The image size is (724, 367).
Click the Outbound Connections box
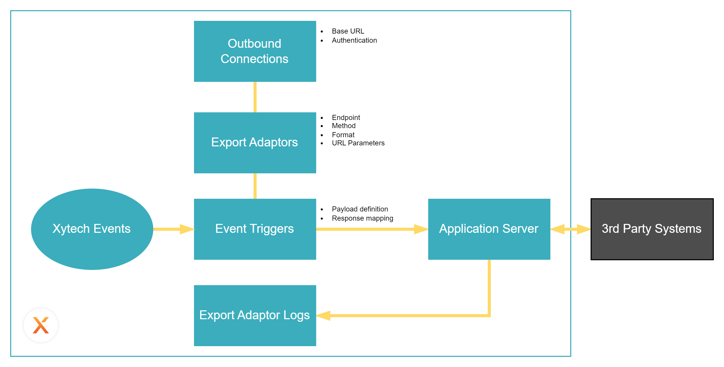click(x=255, y=51)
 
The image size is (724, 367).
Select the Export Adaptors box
click(x=255, y=143)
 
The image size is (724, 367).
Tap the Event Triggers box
click(x=255, y=229)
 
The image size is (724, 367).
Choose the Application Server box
click(x=489, y=229)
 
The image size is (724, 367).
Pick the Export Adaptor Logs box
click(x=255, y=316)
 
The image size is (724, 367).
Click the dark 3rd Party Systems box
click(x=652, y=229)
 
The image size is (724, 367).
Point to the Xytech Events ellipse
click(x=92, y=229)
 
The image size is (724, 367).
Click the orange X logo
click(x=41, y=325)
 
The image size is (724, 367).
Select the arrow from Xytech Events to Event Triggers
click(x=174, y=229)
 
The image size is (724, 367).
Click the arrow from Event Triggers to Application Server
click(x=372, y=229)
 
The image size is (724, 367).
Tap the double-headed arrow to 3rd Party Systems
click(x=570, y=229)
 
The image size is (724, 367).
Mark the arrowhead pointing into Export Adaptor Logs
click(x=323, y=316)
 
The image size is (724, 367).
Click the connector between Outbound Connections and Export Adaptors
click(x=255, y=97)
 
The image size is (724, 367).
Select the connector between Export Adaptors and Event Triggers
click(x=255, y=186)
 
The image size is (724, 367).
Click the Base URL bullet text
click(x=348, y=31)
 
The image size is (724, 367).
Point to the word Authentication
click(x=354, y=40)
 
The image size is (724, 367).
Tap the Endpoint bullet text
click(x=346, y=118)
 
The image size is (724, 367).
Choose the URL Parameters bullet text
click(x=358, y=143)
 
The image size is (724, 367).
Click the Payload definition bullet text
click(x=360, y=209)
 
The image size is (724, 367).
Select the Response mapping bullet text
click(x=363, y=218)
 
